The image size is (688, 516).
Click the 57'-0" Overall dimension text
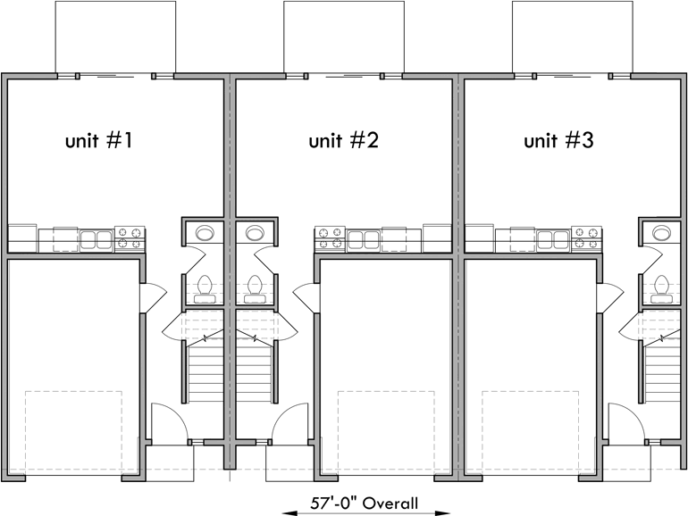[365, 504]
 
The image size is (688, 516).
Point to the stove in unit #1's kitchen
[130, 238]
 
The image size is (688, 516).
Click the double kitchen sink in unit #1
[94, 239]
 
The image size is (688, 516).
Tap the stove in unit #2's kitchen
[328, 238]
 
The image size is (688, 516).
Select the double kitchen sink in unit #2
[364, 239]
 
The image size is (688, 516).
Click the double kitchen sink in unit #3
[551, 239]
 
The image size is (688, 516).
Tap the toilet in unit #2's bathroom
[255, 288]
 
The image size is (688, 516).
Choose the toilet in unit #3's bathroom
[662, 288]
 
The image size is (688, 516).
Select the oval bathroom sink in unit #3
[662, 233]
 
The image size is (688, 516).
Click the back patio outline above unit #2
[344, 37]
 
